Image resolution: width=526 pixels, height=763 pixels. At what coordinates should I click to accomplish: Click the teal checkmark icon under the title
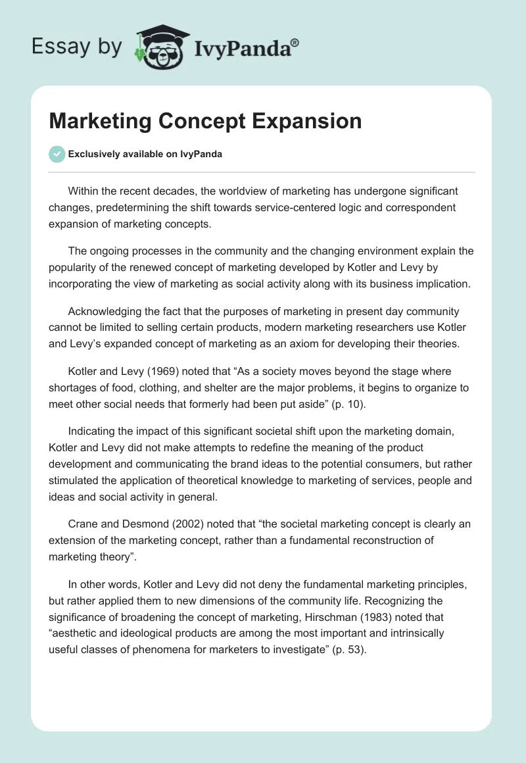click(x=57, y=154)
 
